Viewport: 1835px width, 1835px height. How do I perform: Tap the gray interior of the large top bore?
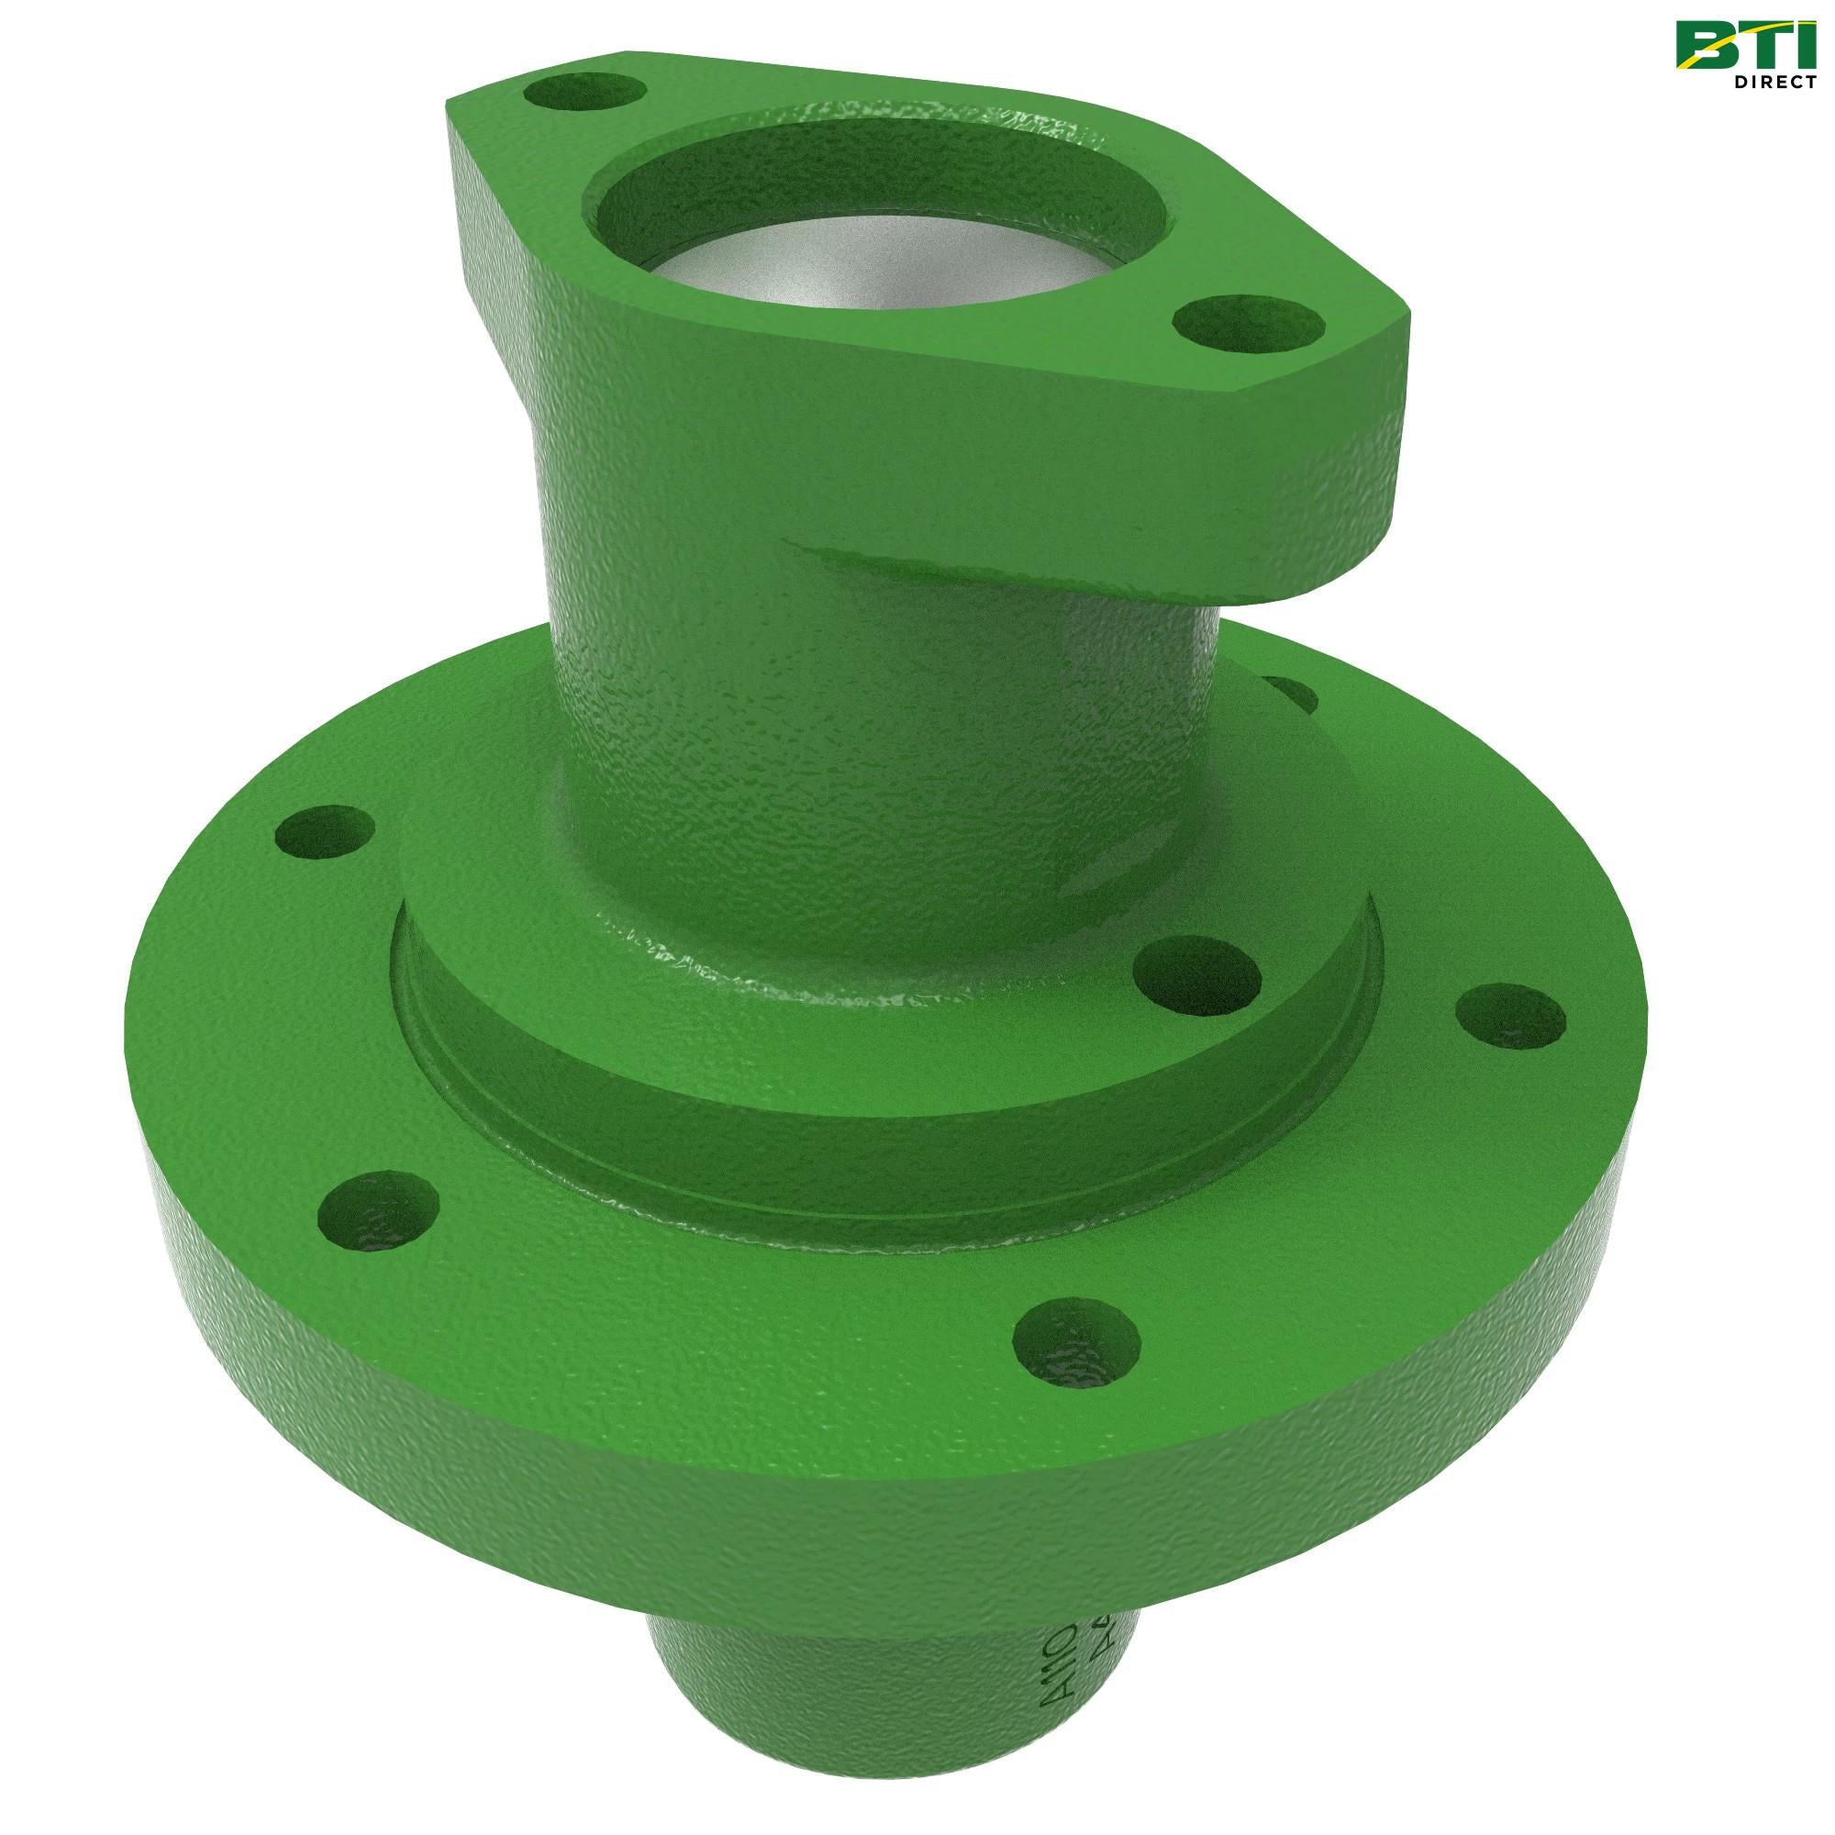click(884, 304)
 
